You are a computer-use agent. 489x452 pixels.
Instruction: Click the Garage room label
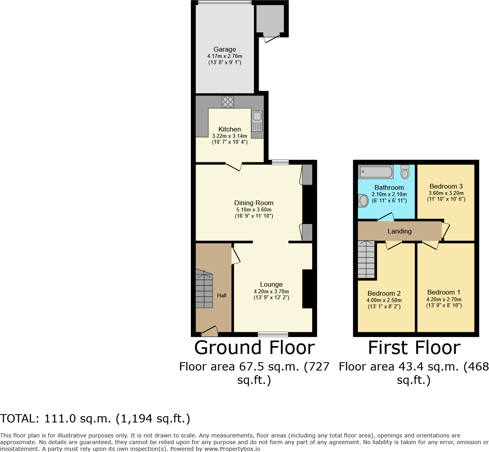[225, 49]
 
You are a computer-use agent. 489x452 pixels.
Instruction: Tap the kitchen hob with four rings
[228, 102]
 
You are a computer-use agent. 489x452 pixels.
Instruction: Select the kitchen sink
[257, 120]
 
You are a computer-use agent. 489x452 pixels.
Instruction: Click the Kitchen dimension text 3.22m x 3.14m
[230, 136]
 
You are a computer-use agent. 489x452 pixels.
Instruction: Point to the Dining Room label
[254, 203]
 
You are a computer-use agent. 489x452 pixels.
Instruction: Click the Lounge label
[271, 284]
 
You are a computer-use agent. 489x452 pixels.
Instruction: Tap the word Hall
[222, 295]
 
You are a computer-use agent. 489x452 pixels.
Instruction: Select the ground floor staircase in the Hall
[204, 289]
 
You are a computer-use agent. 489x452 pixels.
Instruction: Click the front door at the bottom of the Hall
[209, 332]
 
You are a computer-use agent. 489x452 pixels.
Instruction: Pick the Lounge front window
[273, 334]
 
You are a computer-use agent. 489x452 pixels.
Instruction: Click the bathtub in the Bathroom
[376, 172]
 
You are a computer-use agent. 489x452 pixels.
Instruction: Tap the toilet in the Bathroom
[405, 172]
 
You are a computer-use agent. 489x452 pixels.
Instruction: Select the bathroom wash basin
[363, 200]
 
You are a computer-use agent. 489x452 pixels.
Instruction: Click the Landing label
[400, 231]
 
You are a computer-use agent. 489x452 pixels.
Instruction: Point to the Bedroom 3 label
[446, 186]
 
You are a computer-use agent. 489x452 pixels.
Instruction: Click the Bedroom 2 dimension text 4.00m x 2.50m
[384, 300]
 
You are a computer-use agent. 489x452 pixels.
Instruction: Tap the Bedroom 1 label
[444, 292]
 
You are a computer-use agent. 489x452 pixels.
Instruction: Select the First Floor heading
[414, 348]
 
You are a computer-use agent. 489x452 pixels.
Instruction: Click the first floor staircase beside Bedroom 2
[366, 260]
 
